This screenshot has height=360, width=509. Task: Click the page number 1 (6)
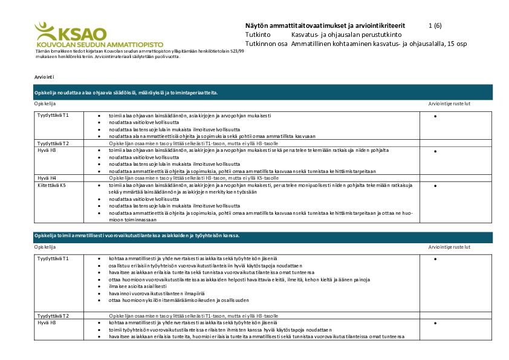[435, 26]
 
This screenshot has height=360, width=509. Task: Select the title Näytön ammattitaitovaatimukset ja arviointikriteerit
[325, 26]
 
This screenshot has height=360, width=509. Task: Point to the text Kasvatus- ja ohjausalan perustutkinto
[333, 35]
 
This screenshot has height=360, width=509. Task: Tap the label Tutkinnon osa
[267, 44]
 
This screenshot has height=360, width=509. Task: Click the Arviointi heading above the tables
[45, 78]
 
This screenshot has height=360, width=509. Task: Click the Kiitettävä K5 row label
[51, 185]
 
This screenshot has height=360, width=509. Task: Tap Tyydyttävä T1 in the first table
[53, 115]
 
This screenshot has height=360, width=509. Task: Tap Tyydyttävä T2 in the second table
[53, 316]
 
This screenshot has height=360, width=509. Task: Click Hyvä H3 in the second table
[47, 322]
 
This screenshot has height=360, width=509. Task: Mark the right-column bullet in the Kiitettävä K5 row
[435, 186]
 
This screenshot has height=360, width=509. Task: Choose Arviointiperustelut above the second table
[449, 247]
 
